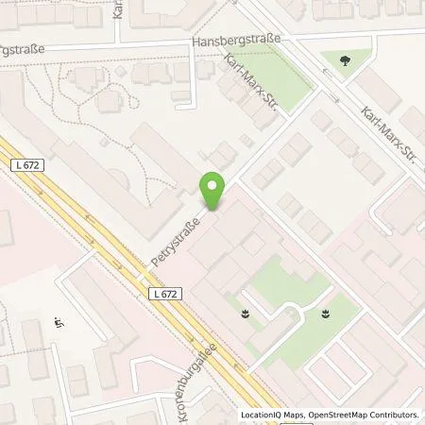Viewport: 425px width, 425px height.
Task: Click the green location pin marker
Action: (x=213, y=192)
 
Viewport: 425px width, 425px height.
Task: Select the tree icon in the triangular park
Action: (x=341, y=59)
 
